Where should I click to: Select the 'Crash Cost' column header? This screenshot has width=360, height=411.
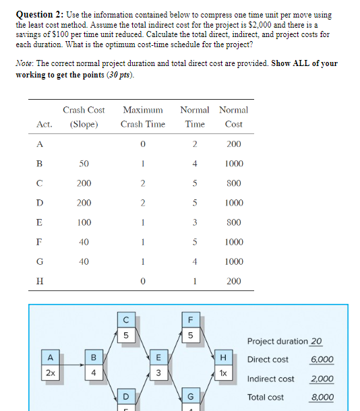[84, 110]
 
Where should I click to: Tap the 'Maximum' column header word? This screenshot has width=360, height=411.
[143, 110]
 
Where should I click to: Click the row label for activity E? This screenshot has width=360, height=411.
[38, 222]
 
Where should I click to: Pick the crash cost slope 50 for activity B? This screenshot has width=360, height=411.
[84, 164]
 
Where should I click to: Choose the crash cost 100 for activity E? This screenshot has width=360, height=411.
[84, 222]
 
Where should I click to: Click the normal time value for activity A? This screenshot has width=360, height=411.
[194, 144]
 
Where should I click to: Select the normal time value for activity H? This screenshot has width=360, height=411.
[194, 281]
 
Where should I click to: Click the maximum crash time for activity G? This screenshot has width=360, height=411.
[143, 261]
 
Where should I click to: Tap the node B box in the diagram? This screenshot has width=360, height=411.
[94, 357]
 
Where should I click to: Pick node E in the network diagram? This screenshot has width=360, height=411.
[158, 357]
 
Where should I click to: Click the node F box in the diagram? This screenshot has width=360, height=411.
[191, 319]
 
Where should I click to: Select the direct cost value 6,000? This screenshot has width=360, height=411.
[322, 360]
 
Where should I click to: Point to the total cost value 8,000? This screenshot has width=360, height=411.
[322, 398]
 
